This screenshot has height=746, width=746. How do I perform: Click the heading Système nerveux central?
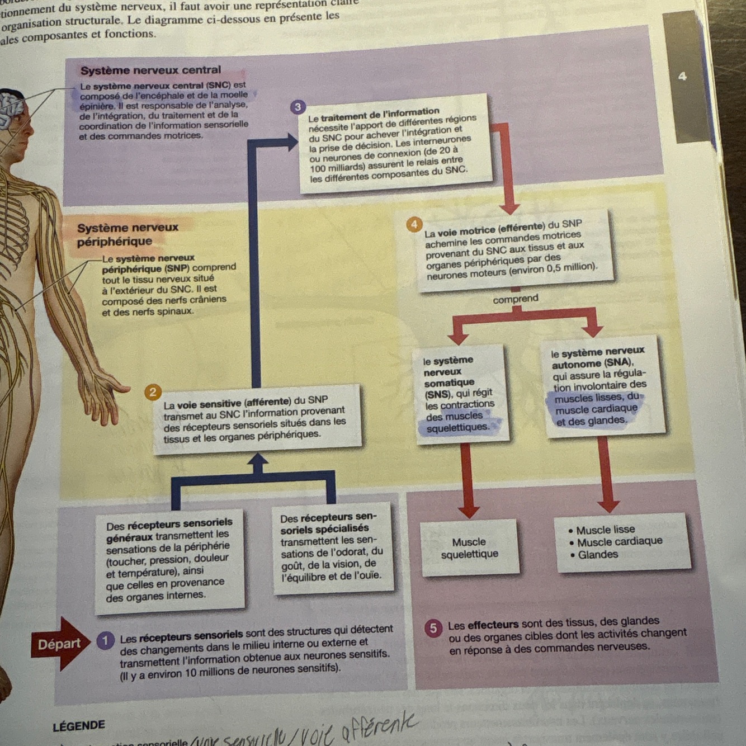point(150,70)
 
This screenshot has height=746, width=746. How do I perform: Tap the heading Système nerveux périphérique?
point(128,234)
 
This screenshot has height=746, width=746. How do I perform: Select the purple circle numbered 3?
point(298,107)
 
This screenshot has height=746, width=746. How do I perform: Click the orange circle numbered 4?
point(414,225)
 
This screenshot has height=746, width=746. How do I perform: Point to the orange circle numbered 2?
point(153,392)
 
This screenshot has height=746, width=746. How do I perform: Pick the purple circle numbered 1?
point(105,640)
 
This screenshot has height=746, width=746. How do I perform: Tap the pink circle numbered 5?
point(433,628)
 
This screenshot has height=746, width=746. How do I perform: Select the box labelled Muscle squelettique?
point(469,548)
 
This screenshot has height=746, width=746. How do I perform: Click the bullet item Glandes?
point(597,555)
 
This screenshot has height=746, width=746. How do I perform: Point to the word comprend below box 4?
point(515,299)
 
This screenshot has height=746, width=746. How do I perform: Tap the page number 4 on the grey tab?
point(682,77)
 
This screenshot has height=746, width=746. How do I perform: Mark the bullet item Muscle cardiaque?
point(619,542)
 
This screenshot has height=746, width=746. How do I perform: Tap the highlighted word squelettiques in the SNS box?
point(457,428)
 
